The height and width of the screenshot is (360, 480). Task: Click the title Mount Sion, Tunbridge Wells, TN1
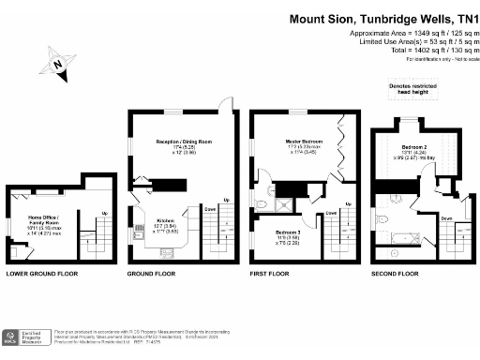382,17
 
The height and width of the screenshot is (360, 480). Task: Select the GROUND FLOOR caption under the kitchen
151,274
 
